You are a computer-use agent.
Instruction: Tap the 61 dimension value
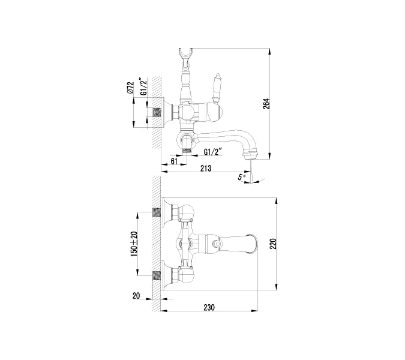point(173,161)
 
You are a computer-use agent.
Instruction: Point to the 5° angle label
point(241,177)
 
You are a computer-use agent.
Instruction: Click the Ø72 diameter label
point(130,88)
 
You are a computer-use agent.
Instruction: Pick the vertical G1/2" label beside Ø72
point(143,86)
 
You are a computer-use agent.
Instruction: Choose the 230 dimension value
point(208,307)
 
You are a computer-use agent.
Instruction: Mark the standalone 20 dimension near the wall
point(136,295)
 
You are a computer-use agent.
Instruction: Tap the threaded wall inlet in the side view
point(158,112)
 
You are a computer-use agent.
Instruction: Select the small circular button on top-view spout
point(218,244)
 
